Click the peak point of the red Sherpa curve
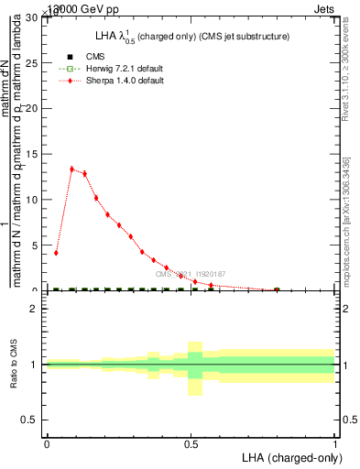71,169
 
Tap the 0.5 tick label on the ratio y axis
32,420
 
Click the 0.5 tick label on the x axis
191,443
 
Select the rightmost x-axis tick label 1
335,443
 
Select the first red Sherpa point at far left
57,253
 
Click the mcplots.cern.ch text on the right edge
348,220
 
